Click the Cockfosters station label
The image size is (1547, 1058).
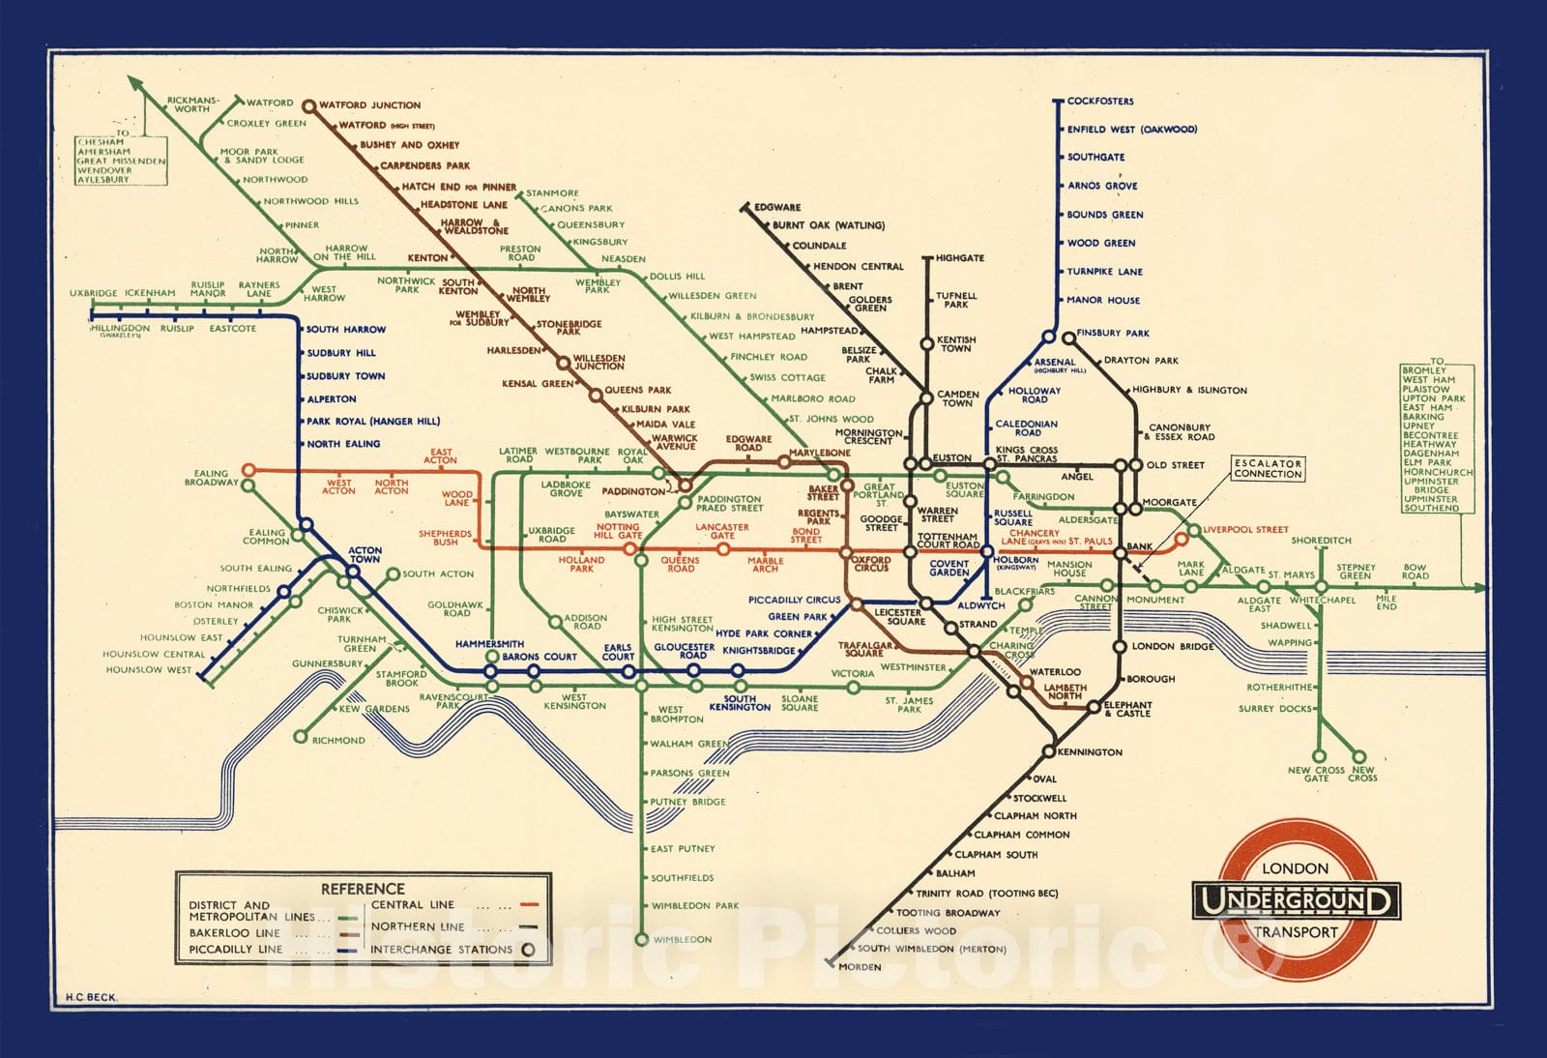click(x=1100, y=101)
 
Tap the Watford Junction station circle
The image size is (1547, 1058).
click(x=308, y=105)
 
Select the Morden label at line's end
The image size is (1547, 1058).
click(x=860, y=967)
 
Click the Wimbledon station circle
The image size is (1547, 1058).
click(x=641, y=939)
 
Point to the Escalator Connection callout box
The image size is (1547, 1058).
click(x=1268, y=469)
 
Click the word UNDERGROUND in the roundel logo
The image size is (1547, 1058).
click(x=1295, y=901)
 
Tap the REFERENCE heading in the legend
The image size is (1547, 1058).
click(x=363, y=889)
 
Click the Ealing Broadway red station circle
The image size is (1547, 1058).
click(x=248, y=470)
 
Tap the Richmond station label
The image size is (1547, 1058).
click(x=338, y=741)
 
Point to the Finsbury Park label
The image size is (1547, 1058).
click(x=1113, y=333)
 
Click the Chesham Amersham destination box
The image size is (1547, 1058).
click(x=121, y=161)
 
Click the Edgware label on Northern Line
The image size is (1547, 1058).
click(x=777, y=207)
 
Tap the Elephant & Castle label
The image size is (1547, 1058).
click(x=1127, y=709)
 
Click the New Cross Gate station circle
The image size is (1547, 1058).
click(x=1317, y=756)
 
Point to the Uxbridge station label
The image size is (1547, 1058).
click(x=93, y=293)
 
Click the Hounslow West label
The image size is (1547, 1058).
click(x=149, y=670)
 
